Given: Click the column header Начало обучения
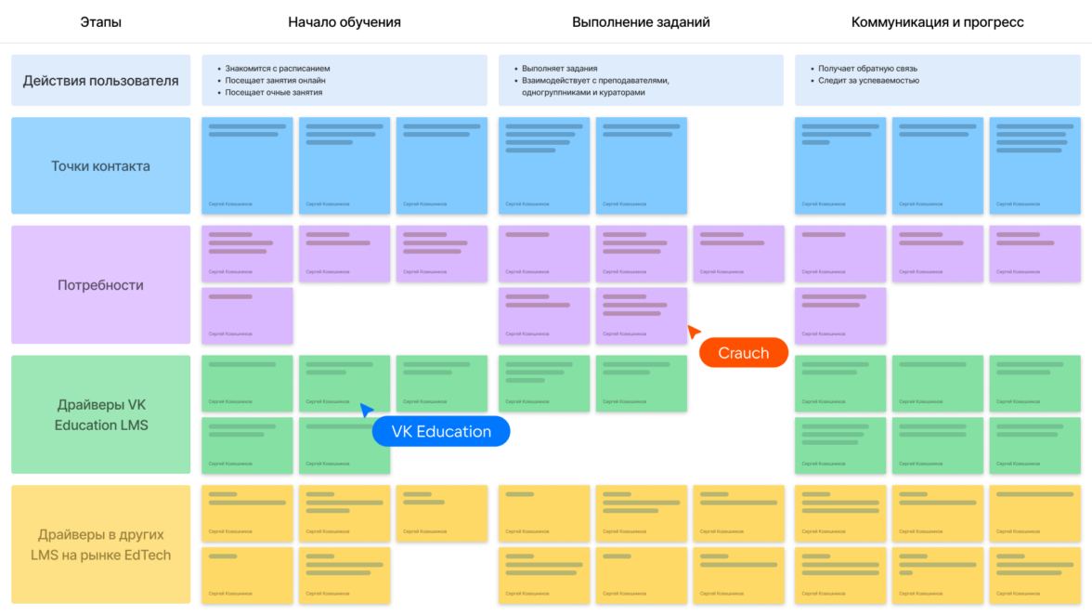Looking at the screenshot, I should (344, 22).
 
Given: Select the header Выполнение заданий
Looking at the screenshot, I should (641, 22).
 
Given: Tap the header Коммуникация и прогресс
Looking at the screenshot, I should (937, 22).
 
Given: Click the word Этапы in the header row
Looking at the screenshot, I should (100, 22).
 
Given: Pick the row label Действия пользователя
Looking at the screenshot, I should (100, 81).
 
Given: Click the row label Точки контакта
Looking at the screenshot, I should (100, 166).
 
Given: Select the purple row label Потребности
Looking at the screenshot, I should (100, 285).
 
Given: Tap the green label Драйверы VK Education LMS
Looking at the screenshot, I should (100, 415).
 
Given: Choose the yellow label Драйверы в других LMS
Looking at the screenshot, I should (100, 545).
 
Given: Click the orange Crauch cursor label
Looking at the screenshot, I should (743, 353).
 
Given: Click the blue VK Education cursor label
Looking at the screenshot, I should (441, 431).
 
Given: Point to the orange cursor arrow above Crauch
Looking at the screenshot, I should (693, 331).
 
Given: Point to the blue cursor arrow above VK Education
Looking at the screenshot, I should (367, 410).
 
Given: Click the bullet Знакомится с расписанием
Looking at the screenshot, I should (277, 69).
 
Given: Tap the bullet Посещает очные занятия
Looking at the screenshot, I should (273, 93).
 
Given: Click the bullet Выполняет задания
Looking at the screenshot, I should (559, 69).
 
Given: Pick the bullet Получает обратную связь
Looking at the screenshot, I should (867, 69).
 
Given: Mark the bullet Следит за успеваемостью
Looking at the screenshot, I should (868, 81).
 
